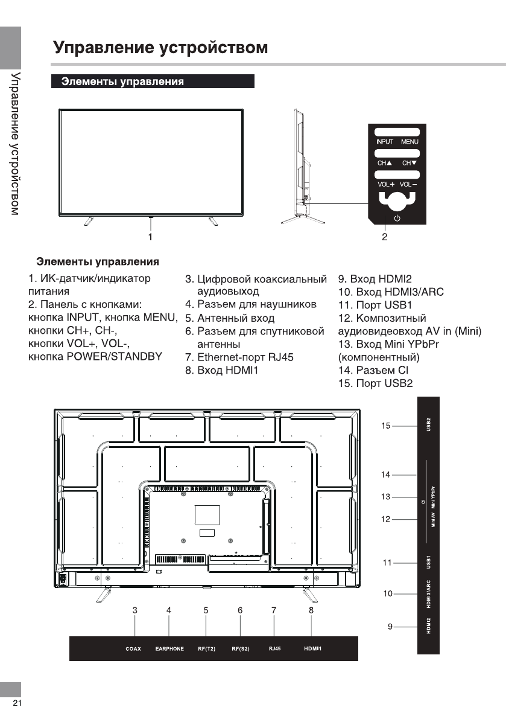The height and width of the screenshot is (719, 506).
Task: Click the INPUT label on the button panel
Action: click(x=385, y=142)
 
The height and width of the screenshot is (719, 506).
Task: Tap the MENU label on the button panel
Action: click(x=410, y=142)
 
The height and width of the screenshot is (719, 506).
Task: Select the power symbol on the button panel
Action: click(x=397, y=219)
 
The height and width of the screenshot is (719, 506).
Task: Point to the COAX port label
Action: click(x=133, y=649)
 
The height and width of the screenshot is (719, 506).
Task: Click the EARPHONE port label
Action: click(x=169, y=649)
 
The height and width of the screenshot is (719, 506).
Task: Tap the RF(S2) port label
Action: click(x=241, y=649)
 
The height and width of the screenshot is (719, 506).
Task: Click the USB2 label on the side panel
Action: click(x=429, y=426)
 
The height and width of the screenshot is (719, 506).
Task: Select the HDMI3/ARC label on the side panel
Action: click(x=429, y=594)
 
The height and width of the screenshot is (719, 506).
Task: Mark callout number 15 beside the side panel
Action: click(x=386, y=426)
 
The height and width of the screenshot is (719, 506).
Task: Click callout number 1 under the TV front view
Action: click(x=150, y=237)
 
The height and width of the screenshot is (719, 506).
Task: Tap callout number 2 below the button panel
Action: click(x=384, y=237)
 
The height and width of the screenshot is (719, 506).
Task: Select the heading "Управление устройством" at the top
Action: click(x=160, y=47)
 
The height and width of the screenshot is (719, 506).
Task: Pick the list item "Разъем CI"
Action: click(x=374, y=370)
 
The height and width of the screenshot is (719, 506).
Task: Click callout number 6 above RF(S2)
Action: click(x=240, y=610)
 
